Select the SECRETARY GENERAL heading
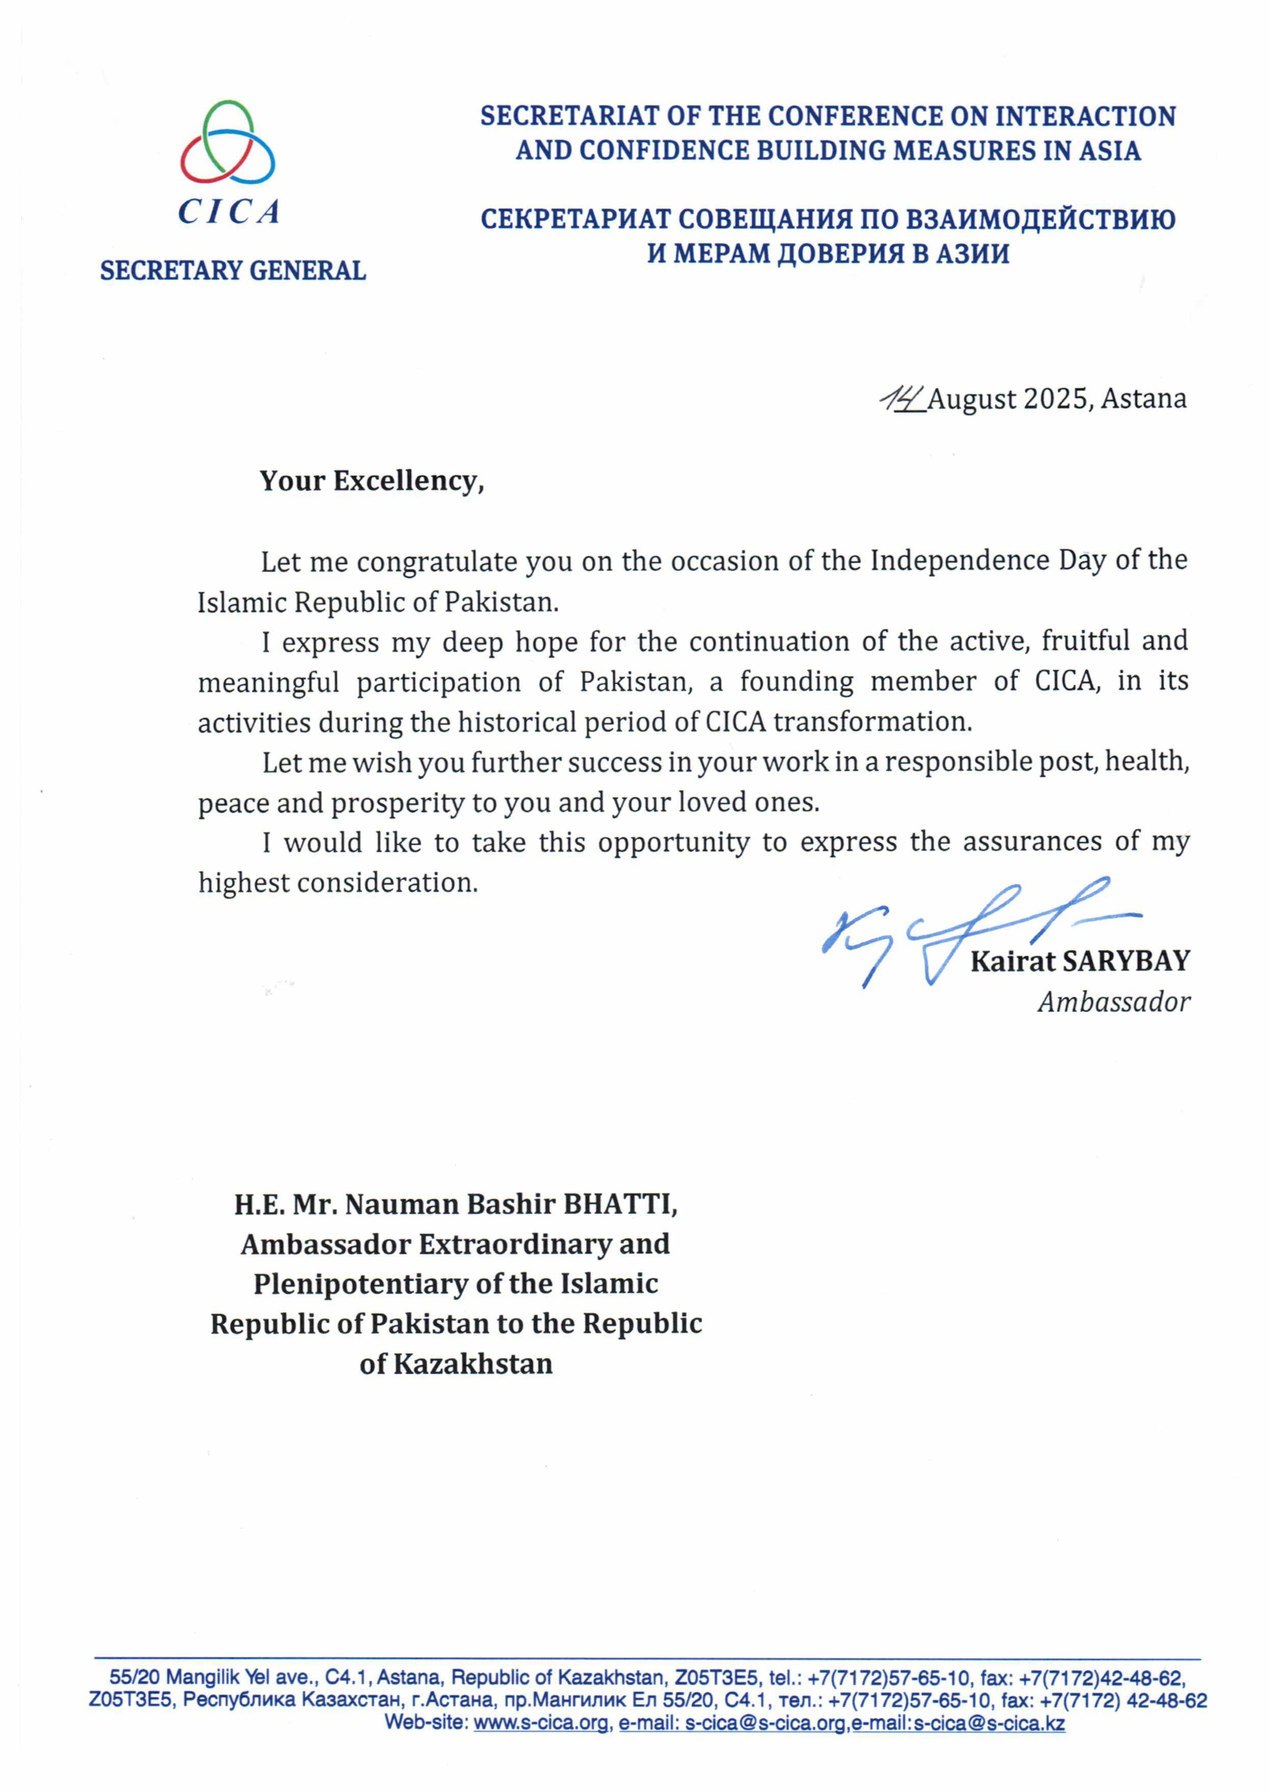point(233,270)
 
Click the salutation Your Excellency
point(372,481)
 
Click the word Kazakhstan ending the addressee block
point(473,1365)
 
